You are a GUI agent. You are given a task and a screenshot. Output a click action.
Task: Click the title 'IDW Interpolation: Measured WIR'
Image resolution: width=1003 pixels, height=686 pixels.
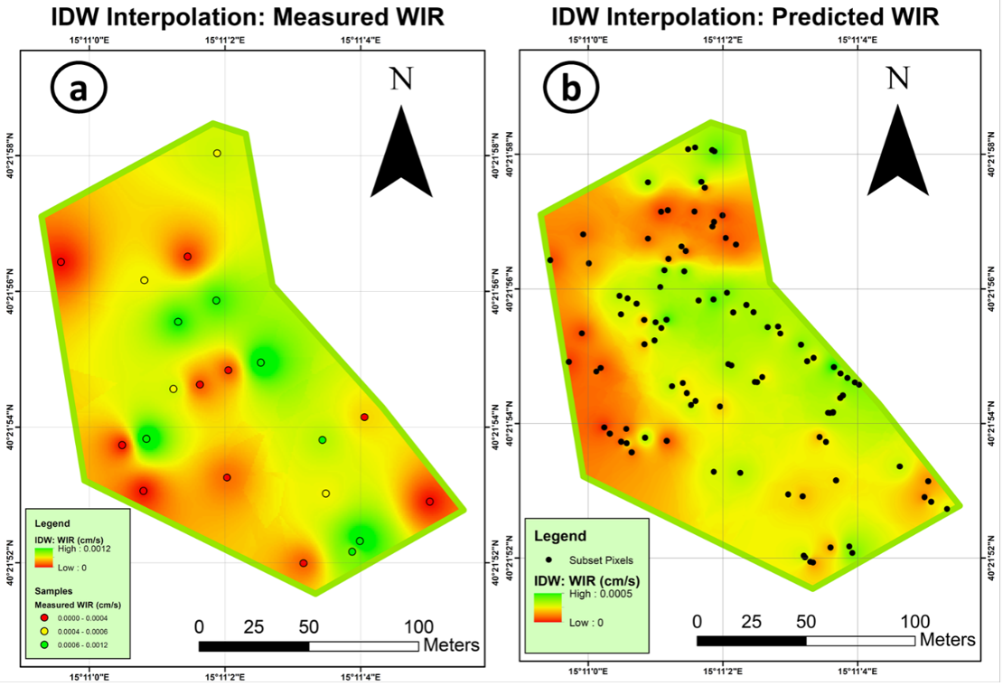pyautogui.click(x=239, y=17)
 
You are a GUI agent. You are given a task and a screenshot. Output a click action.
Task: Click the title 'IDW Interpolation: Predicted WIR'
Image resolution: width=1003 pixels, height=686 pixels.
pyautogui.click(x=745, y=17)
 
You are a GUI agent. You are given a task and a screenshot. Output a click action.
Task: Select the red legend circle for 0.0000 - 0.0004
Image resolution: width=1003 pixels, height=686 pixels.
pyautogui.click(x=43, y=617)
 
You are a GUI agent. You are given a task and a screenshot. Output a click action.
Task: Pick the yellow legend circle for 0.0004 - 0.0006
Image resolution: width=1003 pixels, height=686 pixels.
pyautogui.click(x=43, y=631)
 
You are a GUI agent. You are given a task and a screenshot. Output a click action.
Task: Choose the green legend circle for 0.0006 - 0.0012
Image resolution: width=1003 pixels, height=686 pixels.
pyautogui.click(x=43, y=644)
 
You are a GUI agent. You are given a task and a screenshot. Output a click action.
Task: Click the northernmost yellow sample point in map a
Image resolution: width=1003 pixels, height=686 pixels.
pyautogui.click(x=217, y=154)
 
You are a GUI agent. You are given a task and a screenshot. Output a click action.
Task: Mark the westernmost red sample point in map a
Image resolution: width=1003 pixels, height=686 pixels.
pyautogui.click(x=61, y=262)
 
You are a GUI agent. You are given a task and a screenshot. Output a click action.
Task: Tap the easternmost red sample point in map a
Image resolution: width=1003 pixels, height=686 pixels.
pyautogui.click(x=430, y=502)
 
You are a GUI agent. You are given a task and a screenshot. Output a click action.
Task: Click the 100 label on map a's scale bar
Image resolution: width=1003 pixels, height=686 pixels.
pyautogui.click(x=418, y=626)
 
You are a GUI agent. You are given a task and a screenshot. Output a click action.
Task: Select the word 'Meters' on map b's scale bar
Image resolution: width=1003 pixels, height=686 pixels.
pyautogui.click(x=948, y=640)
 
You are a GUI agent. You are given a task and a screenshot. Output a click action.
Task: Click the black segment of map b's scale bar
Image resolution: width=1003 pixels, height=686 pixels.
pyautogui.click(x=751, y=641)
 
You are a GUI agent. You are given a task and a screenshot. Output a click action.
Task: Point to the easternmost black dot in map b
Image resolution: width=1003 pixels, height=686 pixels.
pyautogui.click(x=947, y=509)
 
